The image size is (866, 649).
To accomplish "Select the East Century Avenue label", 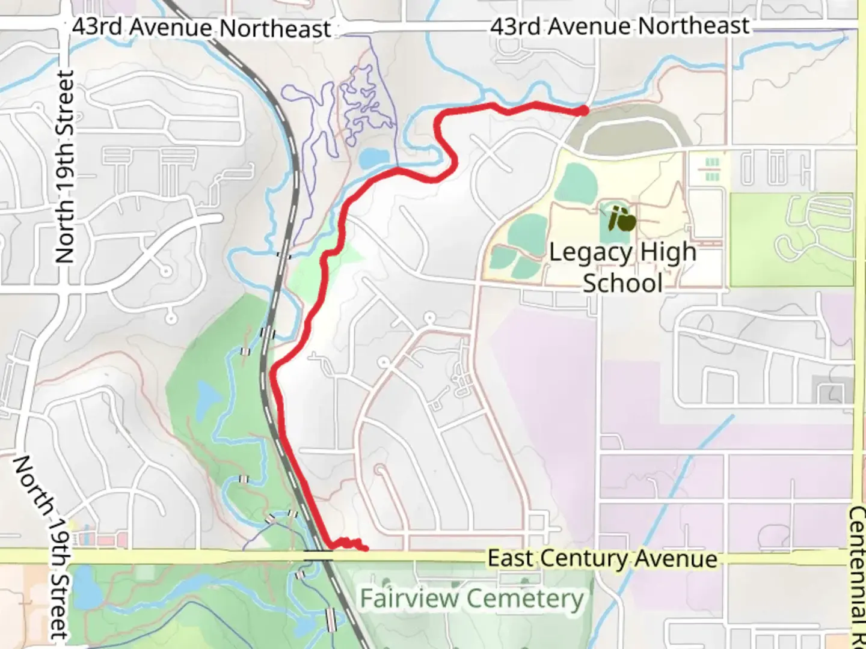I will pyautogui.click(x=602, y=559).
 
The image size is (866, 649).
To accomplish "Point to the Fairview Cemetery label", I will pyautogui.click(x=472, y=599).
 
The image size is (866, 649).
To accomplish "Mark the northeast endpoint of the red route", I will pyautogui.click(x=583, y=111).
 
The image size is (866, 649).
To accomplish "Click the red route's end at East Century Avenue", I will pyautogui.click(x=364, y=548).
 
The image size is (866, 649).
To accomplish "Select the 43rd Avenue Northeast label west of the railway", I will pyautogui.click(x=201, y=28).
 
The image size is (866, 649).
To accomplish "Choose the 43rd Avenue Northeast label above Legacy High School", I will pyautogui.click(x=619, y=26).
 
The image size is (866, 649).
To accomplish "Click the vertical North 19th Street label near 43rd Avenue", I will pyautogui.click(x=64, y=167).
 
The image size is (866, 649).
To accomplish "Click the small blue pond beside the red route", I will pyautogui.click(x=373, y=157).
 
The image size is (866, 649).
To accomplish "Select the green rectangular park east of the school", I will pyautogui.click(x=791, y=239).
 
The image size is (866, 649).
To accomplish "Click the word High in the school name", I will pyautogui.click(x=668, y=252).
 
